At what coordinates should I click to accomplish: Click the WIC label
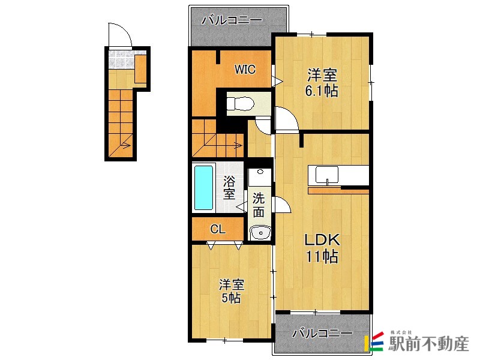(245, 70)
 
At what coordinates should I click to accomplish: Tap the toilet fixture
(241, 103)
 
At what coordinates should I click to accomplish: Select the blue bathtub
(203, 188)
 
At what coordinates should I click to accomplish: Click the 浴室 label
(229, 187)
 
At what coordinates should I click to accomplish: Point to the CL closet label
(218, 229)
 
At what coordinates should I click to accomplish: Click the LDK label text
(322, 240)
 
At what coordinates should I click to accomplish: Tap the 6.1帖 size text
(322, 91)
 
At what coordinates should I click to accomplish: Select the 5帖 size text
(231, 298)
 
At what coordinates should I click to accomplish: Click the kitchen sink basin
(327, 175)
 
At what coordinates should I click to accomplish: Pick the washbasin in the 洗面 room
(260, 233)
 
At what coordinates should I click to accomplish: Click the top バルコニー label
(232, 20)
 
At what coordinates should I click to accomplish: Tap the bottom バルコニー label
(322, 333)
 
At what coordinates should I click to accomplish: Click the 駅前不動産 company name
(428, 344)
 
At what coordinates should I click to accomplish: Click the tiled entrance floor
(122, 59)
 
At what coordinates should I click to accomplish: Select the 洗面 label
(259, 205)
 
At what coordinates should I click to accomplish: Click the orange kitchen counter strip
(338, 191)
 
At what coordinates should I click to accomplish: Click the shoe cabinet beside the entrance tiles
(140, 68)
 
